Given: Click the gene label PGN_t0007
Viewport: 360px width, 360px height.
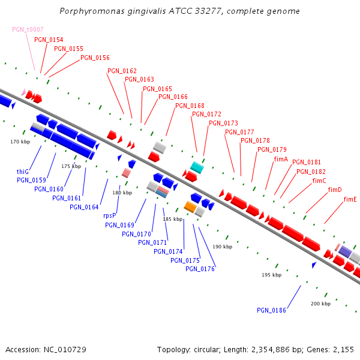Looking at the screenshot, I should (28, 29).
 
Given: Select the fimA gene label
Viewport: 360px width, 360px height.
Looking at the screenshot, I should (281, 160).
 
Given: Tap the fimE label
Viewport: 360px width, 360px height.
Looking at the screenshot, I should (350, 200).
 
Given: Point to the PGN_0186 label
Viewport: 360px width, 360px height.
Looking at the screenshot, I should (271, 310).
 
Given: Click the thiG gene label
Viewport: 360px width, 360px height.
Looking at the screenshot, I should (23, 172).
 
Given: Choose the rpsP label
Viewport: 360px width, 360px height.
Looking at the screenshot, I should (109, 215).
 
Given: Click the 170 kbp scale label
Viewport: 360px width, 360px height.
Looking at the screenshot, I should (20, 142).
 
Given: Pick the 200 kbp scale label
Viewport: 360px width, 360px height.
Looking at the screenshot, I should (320, 304).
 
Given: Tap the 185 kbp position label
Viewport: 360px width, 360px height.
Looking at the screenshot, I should (172, 220).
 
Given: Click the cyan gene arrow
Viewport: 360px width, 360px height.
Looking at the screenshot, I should (197, 167).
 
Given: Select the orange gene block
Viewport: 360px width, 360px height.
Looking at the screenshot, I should (190, 207).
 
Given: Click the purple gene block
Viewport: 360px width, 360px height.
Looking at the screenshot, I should (346, 252).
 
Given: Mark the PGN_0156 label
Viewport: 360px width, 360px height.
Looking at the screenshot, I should (95, 58).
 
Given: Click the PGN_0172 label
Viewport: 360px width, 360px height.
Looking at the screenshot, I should (206, 114).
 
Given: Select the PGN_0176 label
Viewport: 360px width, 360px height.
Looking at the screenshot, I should (200, 269).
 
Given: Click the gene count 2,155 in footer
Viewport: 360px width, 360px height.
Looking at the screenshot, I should (343, 350).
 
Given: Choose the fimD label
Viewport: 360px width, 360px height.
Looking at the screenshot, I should (335, 190).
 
